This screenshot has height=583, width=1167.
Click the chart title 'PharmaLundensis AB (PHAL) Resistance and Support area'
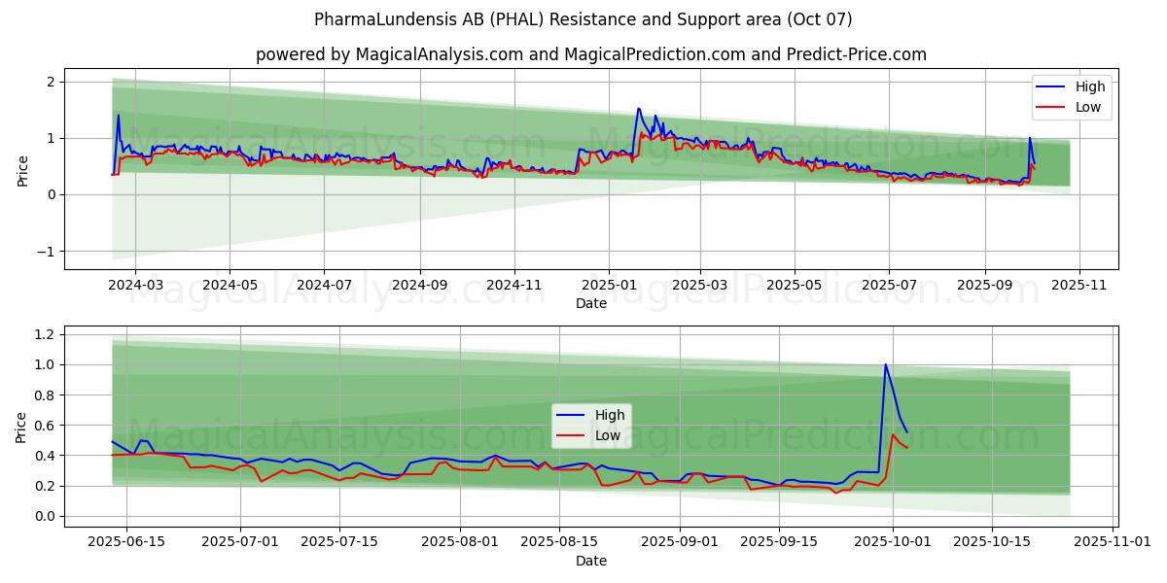pyautogui.click(x=583, y=19)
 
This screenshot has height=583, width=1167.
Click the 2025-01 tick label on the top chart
pyautogui.click(x=608, y=285)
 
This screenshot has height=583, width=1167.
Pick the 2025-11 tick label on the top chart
pyautogui.click(x=1079, y=285)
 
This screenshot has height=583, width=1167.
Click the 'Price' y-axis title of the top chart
pyautogui.click(x=22, y=171)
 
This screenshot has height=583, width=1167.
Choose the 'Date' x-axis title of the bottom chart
pyautogui.click(x=590, y=561)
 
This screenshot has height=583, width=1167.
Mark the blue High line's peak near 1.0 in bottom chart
pyautogui.click(x=885, y=364)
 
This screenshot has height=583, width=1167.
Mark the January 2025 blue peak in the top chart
pyautogui.click(x=638, y=108)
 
